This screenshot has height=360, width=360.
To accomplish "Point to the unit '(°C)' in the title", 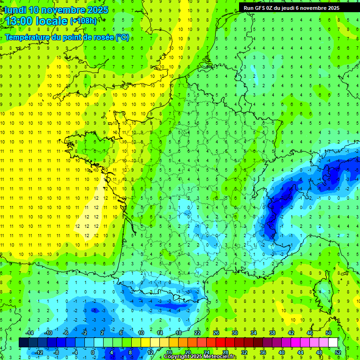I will (x=122, y=37).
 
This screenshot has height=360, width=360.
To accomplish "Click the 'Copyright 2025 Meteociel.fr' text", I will (x=200, y=357).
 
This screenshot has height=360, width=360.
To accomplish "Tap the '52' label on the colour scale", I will (x=338, y=352).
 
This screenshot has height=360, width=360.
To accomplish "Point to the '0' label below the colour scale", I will (x=93, y=352).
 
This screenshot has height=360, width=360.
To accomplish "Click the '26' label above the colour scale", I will (x=216, y=333).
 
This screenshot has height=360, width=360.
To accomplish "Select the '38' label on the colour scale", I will (x=272, y=333).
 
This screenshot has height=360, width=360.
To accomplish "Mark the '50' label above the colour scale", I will (x=329, y=333).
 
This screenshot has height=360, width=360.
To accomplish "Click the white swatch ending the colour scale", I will (x=333, y=343).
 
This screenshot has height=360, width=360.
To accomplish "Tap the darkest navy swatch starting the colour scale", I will (x=24, y=343).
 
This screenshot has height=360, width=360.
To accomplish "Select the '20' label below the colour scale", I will (x=188, y=352).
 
